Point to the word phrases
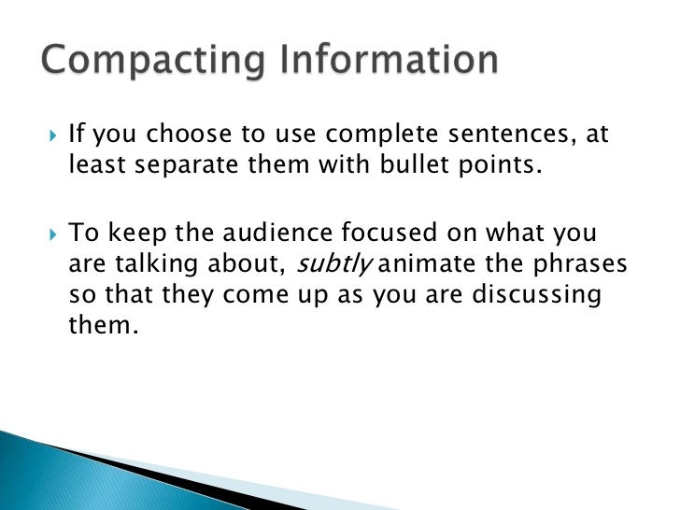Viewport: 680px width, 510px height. (577, 264)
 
